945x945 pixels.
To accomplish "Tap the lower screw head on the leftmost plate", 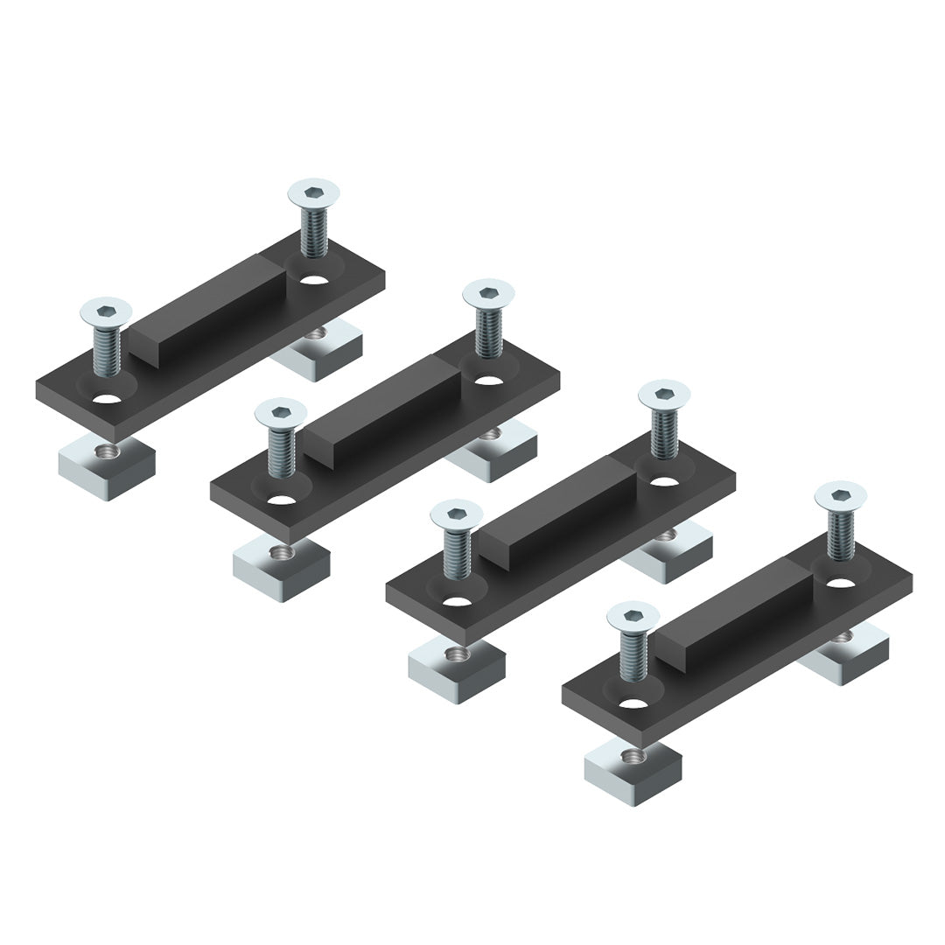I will pyautogui.click(x=106, y=310).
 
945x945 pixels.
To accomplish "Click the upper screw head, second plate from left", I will pyautogui.click(x=488, y=292).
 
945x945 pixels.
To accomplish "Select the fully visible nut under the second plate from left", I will pyautogui.click(x=281, y=569).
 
